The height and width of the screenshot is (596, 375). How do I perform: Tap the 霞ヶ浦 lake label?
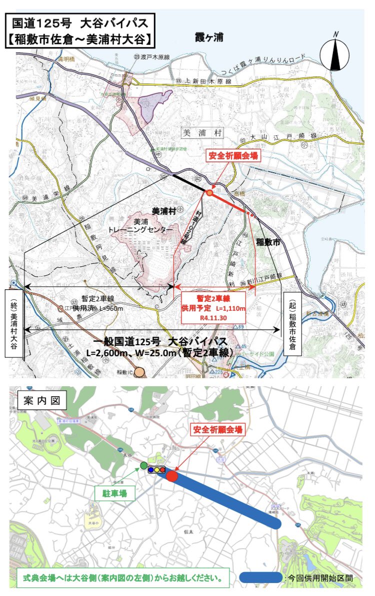point(209,36)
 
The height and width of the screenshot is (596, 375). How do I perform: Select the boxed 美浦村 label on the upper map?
point(202,132)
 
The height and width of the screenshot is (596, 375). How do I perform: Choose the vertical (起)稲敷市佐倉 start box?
point(292,324)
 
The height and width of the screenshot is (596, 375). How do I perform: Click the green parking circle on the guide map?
point(144,466)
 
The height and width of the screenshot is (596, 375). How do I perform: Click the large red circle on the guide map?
point(171,476)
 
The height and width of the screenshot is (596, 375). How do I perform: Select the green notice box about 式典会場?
point(122,578)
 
